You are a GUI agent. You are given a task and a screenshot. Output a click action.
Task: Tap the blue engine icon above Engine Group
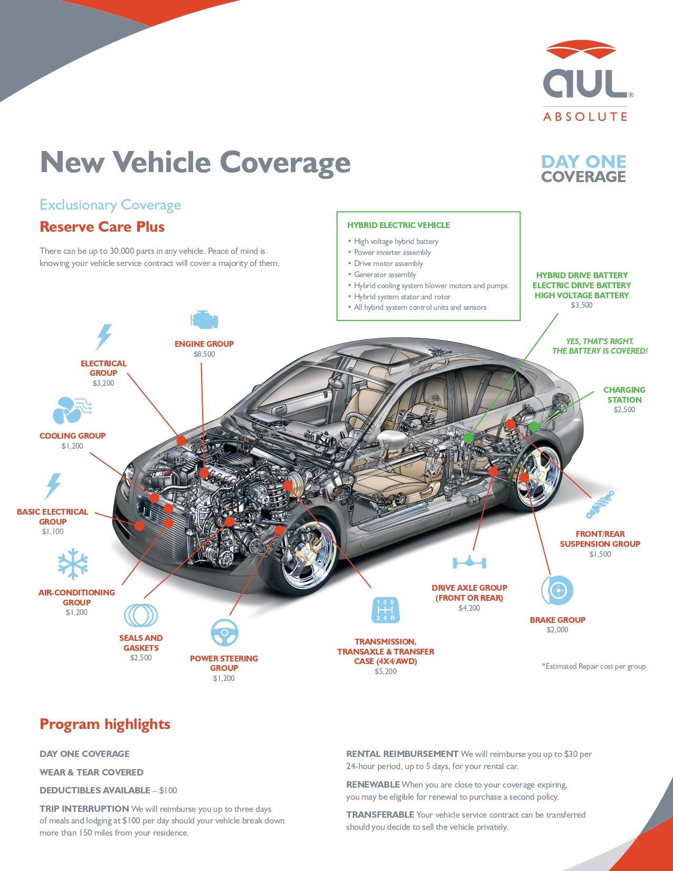204,320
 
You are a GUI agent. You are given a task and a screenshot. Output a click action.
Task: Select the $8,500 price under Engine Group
204,354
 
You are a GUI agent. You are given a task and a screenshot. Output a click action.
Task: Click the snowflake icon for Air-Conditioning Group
73,564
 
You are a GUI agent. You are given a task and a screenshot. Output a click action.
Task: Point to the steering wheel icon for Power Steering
224,632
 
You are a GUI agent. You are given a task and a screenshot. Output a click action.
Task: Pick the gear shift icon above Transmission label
386,610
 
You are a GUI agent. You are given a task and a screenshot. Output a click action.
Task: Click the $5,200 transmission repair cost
385,671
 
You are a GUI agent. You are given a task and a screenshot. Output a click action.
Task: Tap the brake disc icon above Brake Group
557,590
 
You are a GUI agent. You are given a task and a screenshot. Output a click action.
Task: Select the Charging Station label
624,395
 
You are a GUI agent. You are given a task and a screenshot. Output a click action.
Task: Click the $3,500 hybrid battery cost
581,305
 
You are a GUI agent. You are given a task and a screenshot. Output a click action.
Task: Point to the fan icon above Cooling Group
72,410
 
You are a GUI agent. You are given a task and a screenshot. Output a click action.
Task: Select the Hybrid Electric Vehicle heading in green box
398,225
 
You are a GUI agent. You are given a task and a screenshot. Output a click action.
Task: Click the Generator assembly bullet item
385,274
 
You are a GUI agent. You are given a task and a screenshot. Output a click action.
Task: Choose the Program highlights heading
105,724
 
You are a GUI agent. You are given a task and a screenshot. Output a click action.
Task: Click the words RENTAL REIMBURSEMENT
402,754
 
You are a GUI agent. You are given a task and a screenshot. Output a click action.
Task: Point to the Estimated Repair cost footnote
593,666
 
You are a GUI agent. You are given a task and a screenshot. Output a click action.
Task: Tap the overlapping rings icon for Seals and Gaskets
141,615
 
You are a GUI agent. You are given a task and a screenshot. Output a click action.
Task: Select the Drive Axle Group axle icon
469,562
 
